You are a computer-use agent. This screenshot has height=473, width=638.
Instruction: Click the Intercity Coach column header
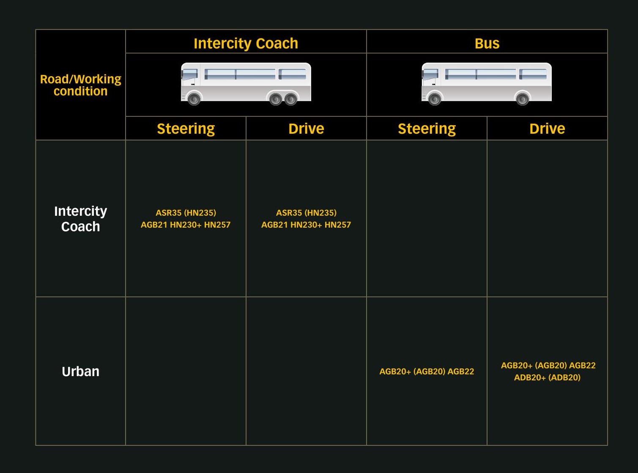point(246,44)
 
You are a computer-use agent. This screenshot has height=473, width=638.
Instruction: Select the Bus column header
point(487,44)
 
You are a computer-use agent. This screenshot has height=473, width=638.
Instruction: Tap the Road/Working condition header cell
point(80,85)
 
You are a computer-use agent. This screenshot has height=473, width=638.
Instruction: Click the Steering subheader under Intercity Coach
point(186,129)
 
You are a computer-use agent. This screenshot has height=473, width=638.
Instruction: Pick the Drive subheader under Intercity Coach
point(306,128)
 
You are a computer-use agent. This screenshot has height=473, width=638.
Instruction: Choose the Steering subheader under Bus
point(427,129)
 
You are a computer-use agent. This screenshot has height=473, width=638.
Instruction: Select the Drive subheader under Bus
point(547,128)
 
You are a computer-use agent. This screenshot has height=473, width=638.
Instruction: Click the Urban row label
point(80,371)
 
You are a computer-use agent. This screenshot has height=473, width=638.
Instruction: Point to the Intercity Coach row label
point(80,219)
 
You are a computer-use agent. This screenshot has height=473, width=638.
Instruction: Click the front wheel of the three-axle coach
point(194,99)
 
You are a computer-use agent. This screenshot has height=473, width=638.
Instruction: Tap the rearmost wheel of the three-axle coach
point(290,99)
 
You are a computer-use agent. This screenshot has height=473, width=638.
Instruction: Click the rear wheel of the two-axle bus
point(523,99)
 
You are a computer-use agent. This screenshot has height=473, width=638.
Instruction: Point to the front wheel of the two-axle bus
point(435,99)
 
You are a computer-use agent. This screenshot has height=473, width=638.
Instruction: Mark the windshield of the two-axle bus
point(430,74)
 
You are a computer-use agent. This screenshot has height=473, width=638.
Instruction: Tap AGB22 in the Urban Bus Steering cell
point(461,371)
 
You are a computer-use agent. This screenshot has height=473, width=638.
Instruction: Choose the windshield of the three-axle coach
point(189,74)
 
